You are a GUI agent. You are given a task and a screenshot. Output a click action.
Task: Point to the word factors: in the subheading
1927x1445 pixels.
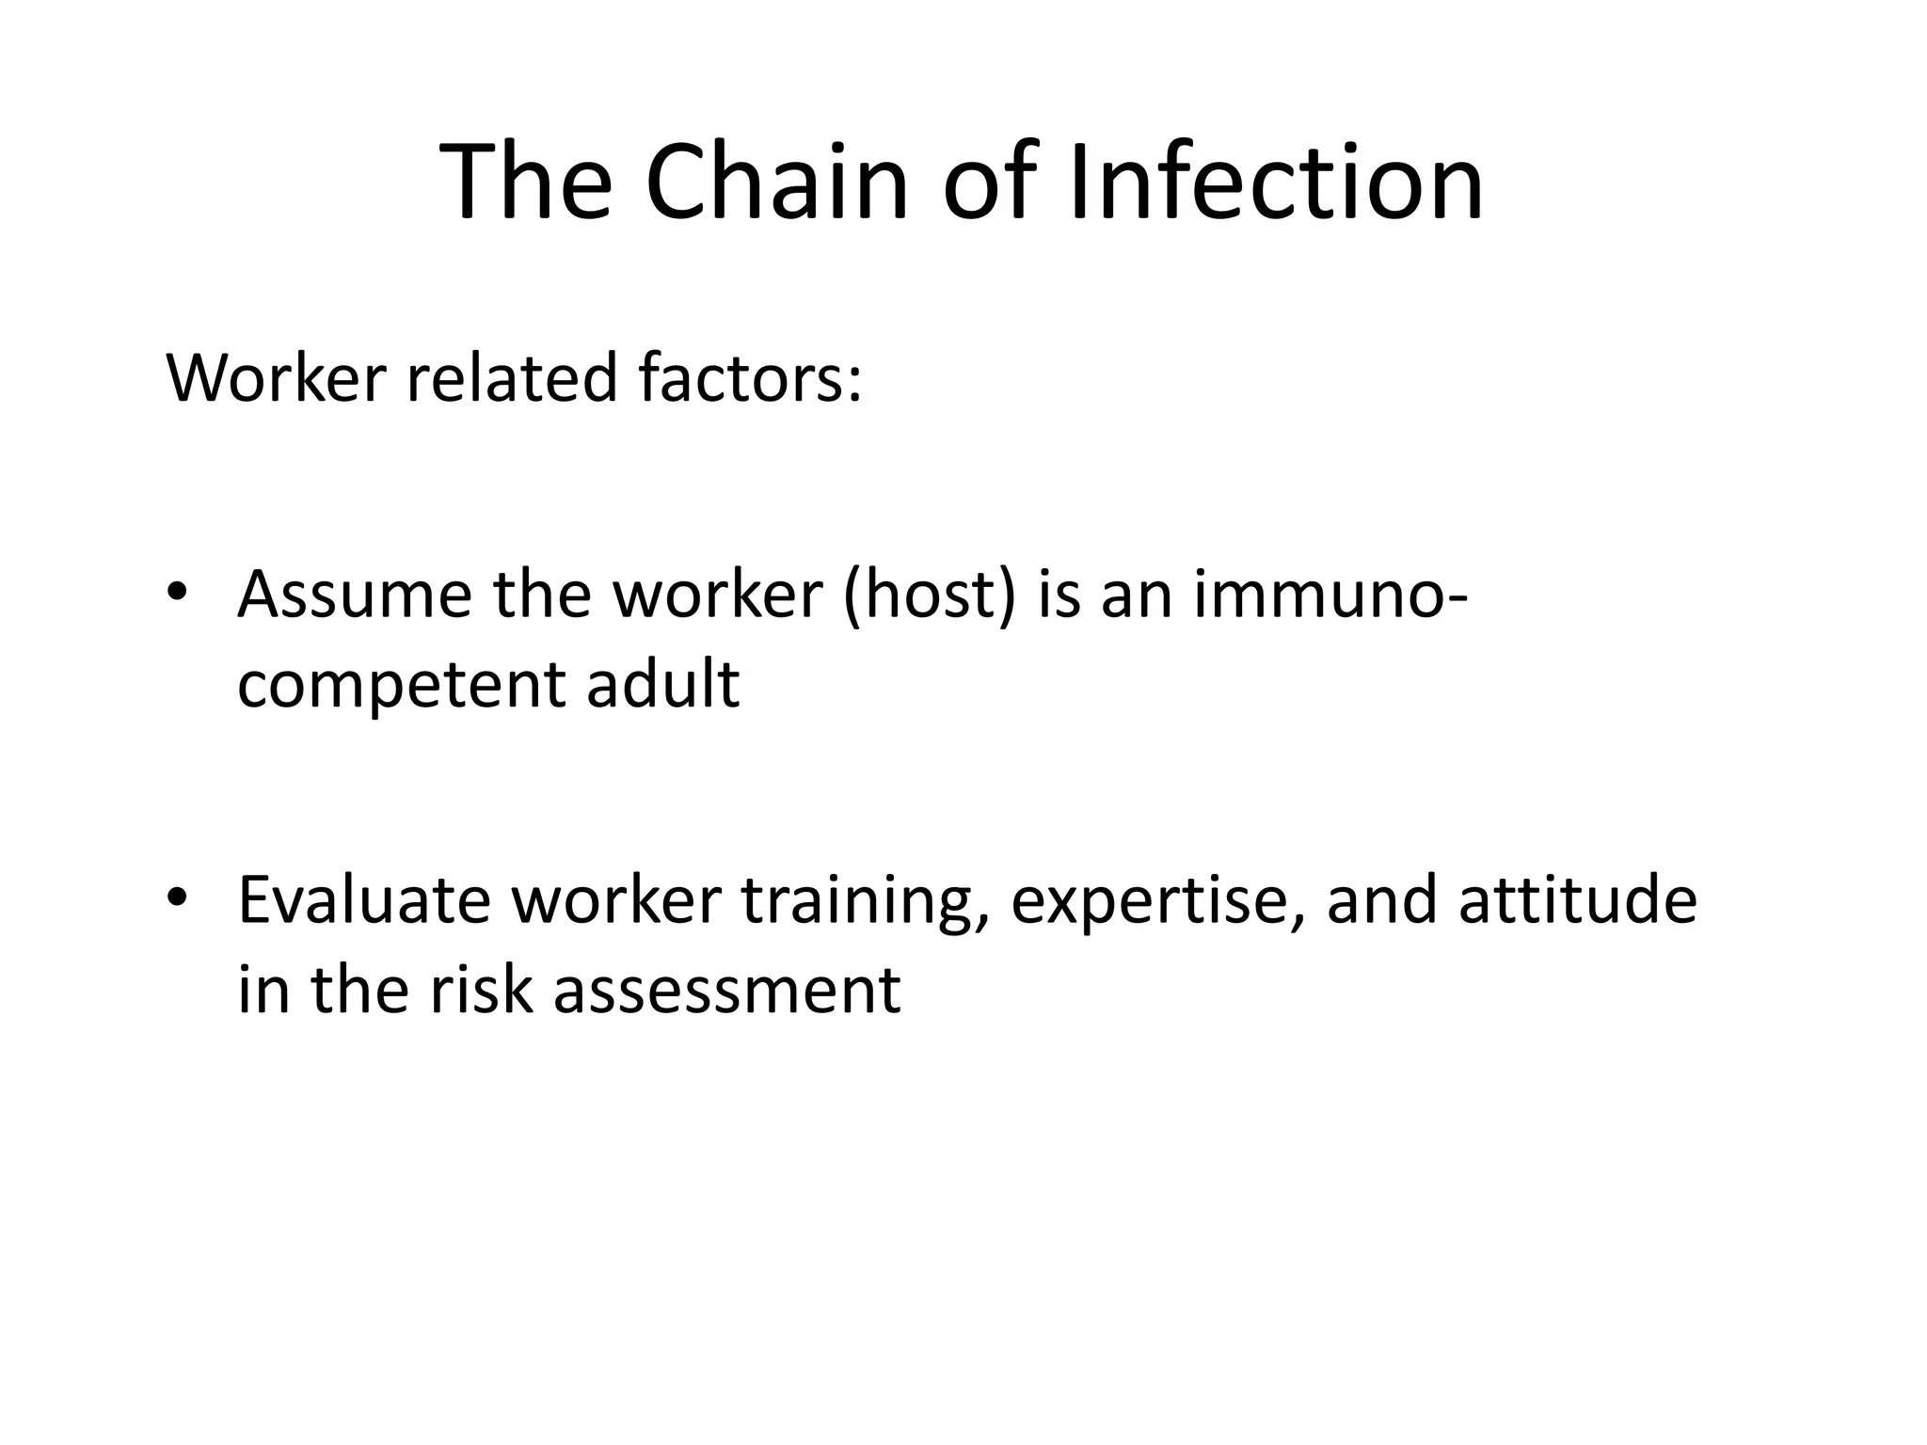point(749,378)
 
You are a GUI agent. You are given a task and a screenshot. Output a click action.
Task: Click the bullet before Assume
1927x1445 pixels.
point(177,594)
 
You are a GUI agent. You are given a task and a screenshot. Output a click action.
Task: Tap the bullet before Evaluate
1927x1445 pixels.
point(177,898)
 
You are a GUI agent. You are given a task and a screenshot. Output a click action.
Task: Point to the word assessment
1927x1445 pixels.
point(727,992)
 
